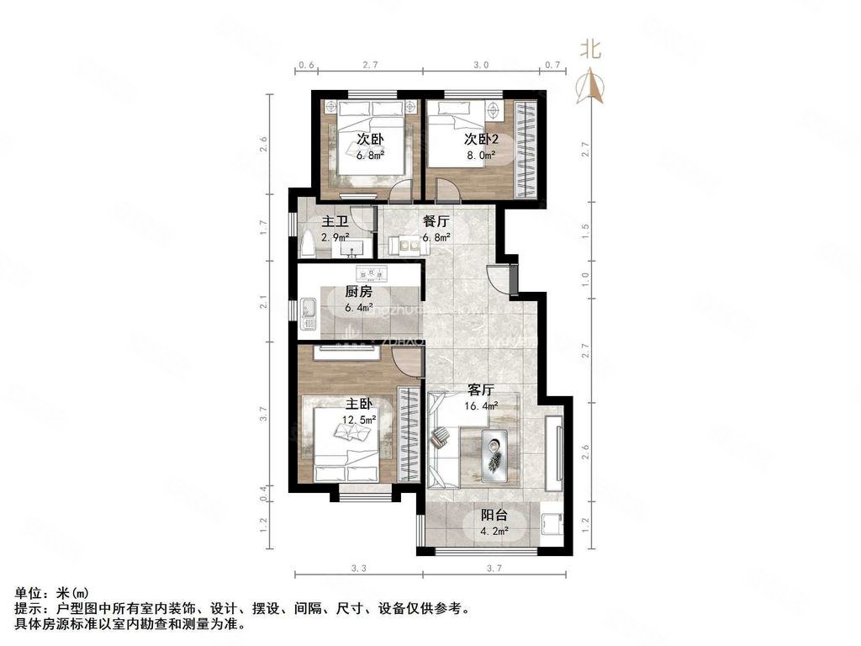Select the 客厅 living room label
point(480,390)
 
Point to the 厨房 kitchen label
point(359,293)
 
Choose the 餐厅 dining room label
point(436,222)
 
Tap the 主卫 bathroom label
point(335,222)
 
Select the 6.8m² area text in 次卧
point(371,155)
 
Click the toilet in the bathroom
point(308,245)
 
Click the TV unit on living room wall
point(556,450)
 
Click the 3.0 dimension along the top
point(481,65)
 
